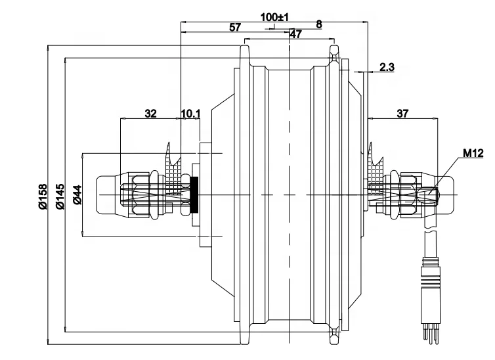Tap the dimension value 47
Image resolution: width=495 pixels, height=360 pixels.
pyautogui.click(x=295, y=35)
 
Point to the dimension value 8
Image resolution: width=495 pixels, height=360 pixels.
pyautogui.click(x=319, y=24)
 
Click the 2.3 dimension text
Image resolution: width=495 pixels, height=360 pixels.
pyautogui.click(x=387, y=67)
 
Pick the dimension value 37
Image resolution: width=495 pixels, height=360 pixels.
pyautogui.click(x=402, y=113)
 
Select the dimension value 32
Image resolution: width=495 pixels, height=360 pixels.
pyautogui.click(x=150, y=113)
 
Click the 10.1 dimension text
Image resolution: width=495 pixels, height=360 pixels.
pyautogui.click(x=190, y=113)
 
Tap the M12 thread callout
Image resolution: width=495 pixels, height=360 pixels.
pyautogui.click(x=473, y=153)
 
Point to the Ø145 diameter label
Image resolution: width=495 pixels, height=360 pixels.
pyautogui.click(x=59, y=196)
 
